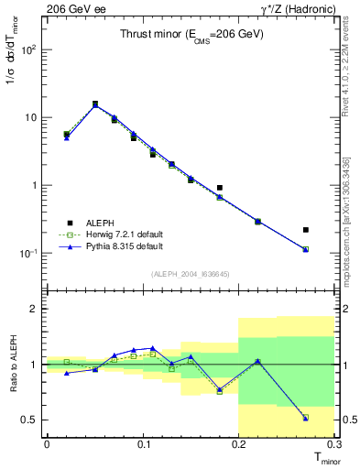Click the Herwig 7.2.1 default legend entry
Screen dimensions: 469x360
(x=113, y=234)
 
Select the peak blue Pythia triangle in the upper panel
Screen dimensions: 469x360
(x=95, y=105)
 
